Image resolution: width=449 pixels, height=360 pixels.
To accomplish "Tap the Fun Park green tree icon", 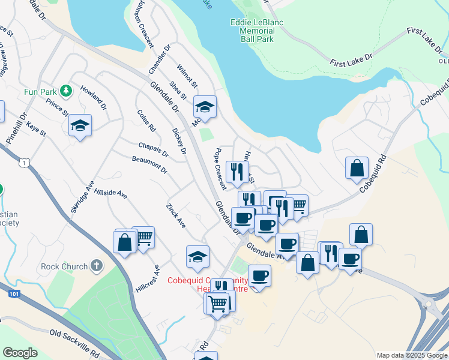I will point(67,91).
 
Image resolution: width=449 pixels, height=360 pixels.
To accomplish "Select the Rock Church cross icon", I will point(97,266).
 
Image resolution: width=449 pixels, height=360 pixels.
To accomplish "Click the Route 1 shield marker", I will point(23,163).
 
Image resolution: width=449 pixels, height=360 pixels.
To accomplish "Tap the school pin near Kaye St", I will point(80,126).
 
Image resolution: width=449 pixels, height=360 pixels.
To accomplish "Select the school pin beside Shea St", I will point(205,108).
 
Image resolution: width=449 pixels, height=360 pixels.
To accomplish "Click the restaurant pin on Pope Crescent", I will point(237,172).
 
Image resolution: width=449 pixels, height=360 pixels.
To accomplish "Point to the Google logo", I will point(20,353).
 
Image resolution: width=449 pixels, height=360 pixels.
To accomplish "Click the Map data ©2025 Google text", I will point(411,355).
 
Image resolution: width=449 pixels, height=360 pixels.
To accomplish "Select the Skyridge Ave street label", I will point(83,197).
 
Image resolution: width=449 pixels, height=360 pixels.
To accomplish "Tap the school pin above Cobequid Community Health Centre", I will point(197,257).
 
